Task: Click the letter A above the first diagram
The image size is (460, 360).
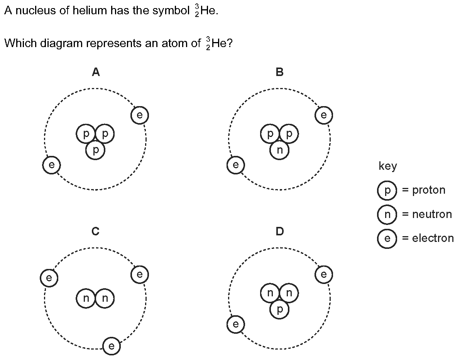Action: [x=96, y=72]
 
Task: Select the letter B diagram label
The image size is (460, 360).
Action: [x=279, y=72]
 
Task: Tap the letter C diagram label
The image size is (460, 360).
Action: [x=95, y=232]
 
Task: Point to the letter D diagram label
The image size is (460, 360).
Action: [x=279, y=232]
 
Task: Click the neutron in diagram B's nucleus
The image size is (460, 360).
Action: [x=279, y=150]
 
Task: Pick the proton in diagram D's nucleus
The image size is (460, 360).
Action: [x=279, y=309]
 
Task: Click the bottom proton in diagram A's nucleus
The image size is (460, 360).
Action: [x=95, y=150]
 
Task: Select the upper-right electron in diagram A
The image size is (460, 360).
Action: [x=140, y=115]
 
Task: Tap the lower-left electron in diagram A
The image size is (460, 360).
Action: [x=52, y=165]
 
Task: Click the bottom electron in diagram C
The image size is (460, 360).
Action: [x=112, y=346]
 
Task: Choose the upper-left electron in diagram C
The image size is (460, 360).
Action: [x=49, y=277]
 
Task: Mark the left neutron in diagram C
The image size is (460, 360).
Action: [x=86, y=298]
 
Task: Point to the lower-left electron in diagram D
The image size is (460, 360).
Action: [x=235, y=324]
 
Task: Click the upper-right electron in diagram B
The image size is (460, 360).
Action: [x=324, y=115]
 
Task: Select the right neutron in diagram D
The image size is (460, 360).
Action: [x=289, y=293]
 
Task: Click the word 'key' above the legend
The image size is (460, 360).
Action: [x=388, y=166]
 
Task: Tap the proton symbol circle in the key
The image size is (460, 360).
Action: [x=387, y=190]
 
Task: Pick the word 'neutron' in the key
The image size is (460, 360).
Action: [x=432, y=214]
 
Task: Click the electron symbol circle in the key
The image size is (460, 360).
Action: [x=387, y=238]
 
